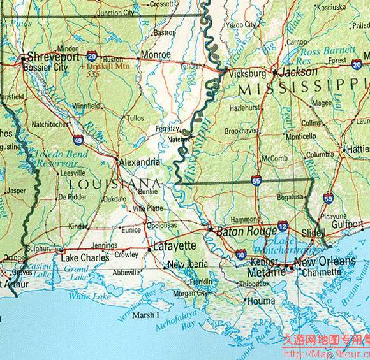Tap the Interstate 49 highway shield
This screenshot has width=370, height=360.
pos(78,140)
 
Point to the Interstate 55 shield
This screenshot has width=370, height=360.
pos(256,180)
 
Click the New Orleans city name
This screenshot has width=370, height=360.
pos(324,262)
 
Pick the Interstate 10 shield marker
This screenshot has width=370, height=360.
pos(241,254)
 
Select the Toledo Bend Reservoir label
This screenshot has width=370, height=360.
pos(45,159)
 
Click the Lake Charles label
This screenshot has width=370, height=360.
pos(85,258)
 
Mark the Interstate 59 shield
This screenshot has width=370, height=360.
pos(328,198)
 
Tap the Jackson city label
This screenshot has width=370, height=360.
pos(298,73)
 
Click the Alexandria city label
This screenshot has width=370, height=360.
pos(140,162)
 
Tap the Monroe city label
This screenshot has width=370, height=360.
pos(155,55)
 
